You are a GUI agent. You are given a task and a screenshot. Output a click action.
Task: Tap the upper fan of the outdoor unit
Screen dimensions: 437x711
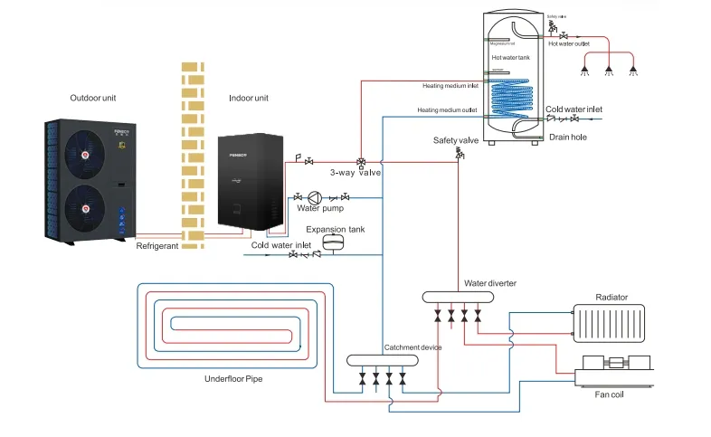point(84,155)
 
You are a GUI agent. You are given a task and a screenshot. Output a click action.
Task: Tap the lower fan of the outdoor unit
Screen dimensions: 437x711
point(84,209)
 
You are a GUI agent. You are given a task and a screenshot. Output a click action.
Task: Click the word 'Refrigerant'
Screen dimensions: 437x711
point(158,245)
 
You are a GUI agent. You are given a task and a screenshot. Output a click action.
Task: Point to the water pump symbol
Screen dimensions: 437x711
point(315,197)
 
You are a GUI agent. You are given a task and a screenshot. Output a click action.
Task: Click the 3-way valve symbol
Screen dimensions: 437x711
point(361,163)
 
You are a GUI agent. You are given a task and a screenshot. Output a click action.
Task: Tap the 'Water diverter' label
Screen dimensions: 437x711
point(489,283)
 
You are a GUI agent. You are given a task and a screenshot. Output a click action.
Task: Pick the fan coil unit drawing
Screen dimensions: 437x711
point(616,366)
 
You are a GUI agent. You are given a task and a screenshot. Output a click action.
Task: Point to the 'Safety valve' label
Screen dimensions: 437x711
point(456,140)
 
